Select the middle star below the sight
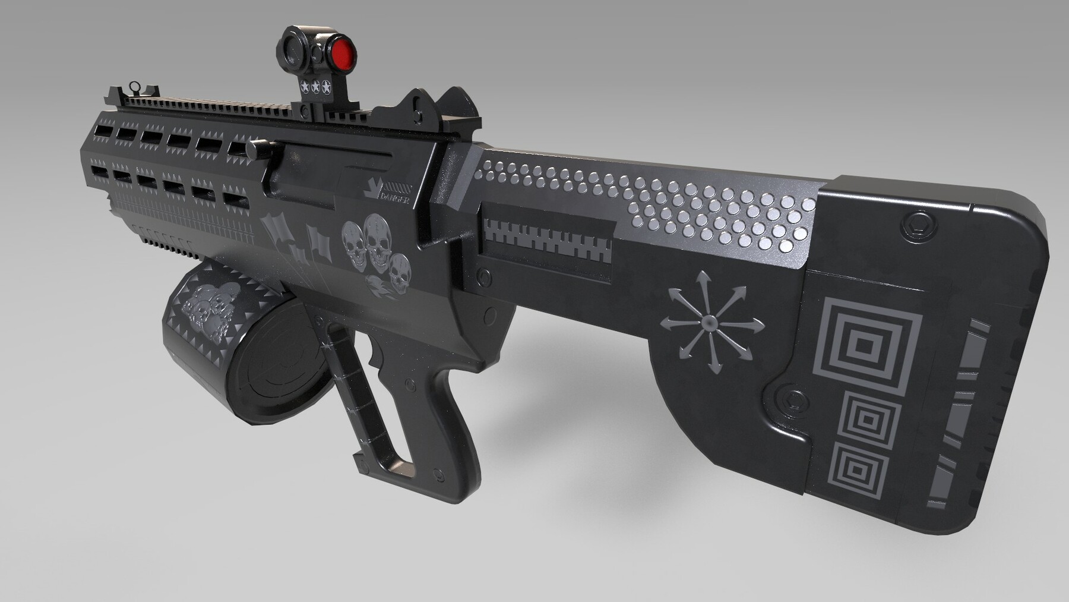(x=315, y=87)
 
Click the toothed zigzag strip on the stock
(x=546, y=242)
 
